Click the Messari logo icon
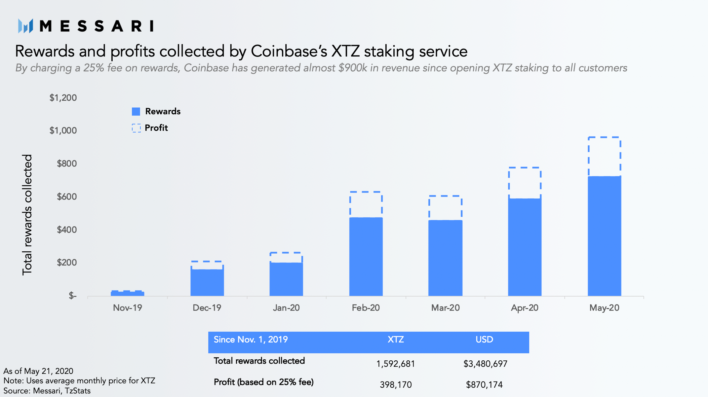[x=25, y=26]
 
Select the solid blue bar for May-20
[x=604, y=236]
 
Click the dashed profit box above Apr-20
[x=525, y=183]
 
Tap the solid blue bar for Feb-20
[x=366, y=257]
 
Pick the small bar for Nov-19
[x=128, y=293]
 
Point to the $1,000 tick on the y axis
[x=63, y=131]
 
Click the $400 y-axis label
[x=66, y=230]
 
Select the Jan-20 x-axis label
[x=286, y=308]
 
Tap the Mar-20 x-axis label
[x=445, y=308]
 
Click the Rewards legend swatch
[x=136, y=112]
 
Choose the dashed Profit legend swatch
[x=136, y=128]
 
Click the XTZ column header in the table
[x=396, y=340]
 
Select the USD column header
[x=484, y=340]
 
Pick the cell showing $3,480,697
[x=485, y=364]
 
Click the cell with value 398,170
[x=396, y=385]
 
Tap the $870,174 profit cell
[x=484, y=385]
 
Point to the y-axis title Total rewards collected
[x=27, y=215]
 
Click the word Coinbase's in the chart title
[x=289, y=52]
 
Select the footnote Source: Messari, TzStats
[x=47, y=391]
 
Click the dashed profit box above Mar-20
[x=445, y=208]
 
